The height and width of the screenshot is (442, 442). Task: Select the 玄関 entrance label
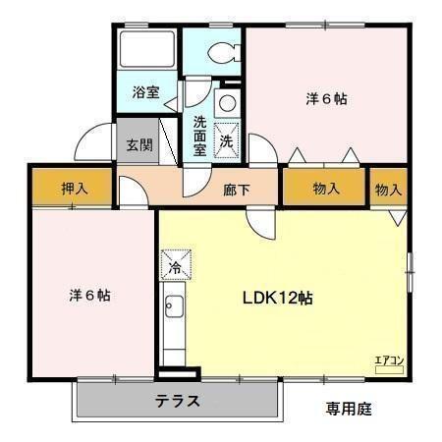[x=138, y=144]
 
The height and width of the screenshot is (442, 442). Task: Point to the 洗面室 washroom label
[x=199, y=136]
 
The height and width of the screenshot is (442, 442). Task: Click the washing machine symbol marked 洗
[x=226, y=140]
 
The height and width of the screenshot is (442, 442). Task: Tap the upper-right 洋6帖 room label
[x=327, y=99]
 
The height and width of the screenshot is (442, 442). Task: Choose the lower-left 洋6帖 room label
[x=89, y=294]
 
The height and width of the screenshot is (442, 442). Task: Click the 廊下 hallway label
[x=237, y=190]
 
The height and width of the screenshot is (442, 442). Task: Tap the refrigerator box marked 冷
[x=176, y=265]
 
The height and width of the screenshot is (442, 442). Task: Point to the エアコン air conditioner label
[x=390, y=361]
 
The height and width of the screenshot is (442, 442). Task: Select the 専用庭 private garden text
[x=348, y=407]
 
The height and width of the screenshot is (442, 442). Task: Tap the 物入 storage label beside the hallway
[x=326, y=189]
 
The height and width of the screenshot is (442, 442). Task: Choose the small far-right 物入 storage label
[x=388, y=189]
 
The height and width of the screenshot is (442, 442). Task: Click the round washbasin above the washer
[x=226, y=102]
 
